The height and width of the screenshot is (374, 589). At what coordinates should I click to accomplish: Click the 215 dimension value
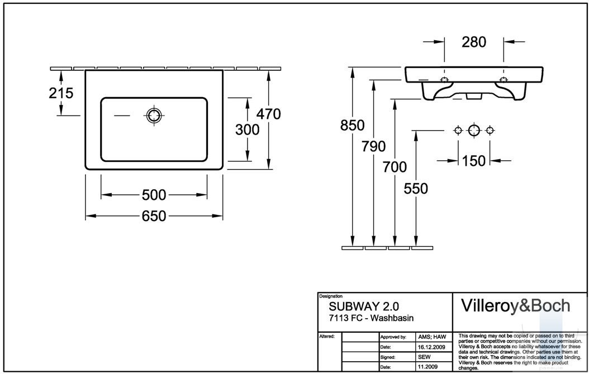(x=61, y=93)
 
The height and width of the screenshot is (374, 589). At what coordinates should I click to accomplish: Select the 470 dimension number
(x=269, y=114)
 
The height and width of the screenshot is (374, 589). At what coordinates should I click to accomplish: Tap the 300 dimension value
(x=247, y=130)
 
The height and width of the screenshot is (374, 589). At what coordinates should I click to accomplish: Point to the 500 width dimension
(x=154, y=195)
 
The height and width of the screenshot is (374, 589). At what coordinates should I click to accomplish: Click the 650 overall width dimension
(x=154, y=216)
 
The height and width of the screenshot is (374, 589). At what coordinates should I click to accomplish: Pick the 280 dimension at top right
(x=474, y=42)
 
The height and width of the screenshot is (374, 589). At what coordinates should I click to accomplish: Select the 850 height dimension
(x=353, y=125)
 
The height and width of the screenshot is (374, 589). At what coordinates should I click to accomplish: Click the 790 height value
(x=374, y=146)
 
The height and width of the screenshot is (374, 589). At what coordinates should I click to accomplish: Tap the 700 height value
(x=395, y=167)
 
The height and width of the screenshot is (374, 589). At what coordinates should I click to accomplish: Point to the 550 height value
(x=416, y=188)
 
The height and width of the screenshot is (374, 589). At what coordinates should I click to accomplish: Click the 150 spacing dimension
(x=474, y=161)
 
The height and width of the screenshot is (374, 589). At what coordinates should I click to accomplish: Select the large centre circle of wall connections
(x=474, y=131)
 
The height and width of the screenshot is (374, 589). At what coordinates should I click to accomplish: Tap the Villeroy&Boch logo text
(x=515, y=306)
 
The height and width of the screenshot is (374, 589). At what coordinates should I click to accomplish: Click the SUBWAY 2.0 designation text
(x=364, y=306)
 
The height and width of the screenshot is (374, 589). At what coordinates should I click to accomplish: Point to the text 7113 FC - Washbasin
(x=371, y=318)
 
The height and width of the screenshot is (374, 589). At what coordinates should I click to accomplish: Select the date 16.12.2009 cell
(x=431, y=347)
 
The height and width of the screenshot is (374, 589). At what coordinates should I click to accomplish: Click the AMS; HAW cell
(x=432, y=337)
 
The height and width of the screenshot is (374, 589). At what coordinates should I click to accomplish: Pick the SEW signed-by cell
(x=425, y=357)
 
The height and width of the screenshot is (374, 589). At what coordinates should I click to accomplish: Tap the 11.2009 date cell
(x=429, y=367)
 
